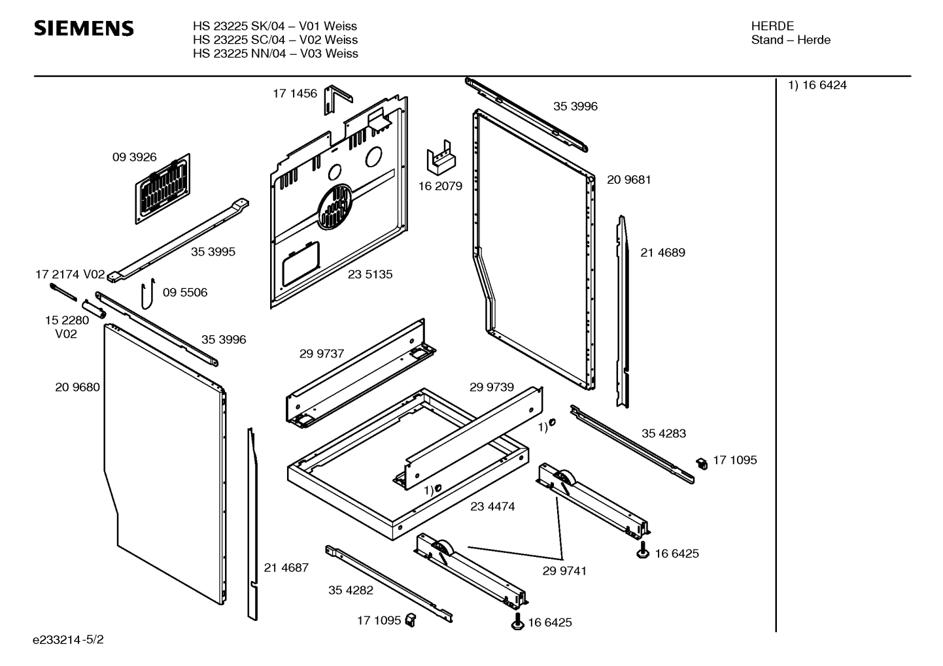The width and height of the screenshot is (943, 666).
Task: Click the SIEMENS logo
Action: [x=84, y=29]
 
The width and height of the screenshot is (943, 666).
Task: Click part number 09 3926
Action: [x=134, y=157]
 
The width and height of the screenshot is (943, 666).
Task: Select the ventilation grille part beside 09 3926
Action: [x=163, y=188]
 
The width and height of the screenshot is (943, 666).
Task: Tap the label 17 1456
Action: [x=294, y=93]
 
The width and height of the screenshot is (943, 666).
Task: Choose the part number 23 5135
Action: [x=370, y=275]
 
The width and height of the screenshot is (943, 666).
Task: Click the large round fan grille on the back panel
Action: [x=335, y=206]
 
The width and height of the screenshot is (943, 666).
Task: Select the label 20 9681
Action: [x=628, y=180]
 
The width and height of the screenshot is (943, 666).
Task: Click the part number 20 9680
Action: [x=77, y=387]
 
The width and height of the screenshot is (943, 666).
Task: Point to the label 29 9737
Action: [x=322, y=354]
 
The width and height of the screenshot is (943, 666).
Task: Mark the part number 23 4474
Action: [x=492, y=507]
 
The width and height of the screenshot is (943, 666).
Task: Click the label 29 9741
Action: [x=564, y=571]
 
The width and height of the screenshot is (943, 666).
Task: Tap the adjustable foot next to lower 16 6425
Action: [x=517, y=622]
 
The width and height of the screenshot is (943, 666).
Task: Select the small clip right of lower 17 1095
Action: [x=411, y=619]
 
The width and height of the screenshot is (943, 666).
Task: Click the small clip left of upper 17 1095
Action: [x=701, y=463]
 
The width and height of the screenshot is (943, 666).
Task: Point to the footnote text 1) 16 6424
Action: [x=817, y=86]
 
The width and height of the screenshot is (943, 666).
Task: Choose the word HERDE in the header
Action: [x=772, y=26]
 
